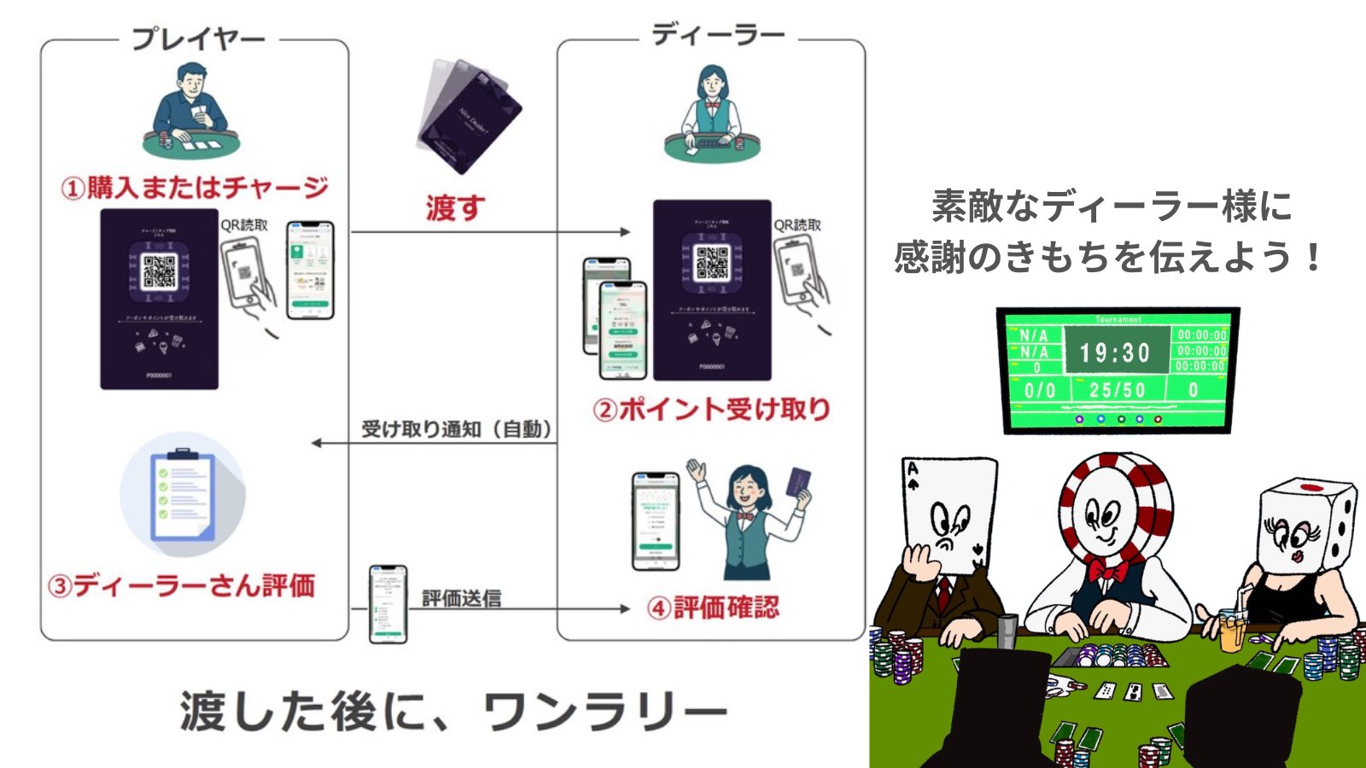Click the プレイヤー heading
(197, 38)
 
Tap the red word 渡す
(455, 207)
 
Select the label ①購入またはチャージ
(195, 188)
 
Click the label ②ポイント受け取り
(711, 410)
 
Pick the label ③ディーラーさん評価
(181, 586)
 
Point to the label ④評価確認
(713, 608)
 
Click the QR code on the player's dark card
(159, 271)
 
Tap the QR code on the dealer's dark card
(711, 263)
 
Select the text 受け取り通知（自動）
(457, 429)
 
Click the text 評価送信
(461, 598)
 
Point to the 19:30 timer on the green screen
(1114, 352)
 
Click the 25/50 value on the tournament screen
(1117, 390)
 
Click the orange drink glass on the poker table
(1230, 630)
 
